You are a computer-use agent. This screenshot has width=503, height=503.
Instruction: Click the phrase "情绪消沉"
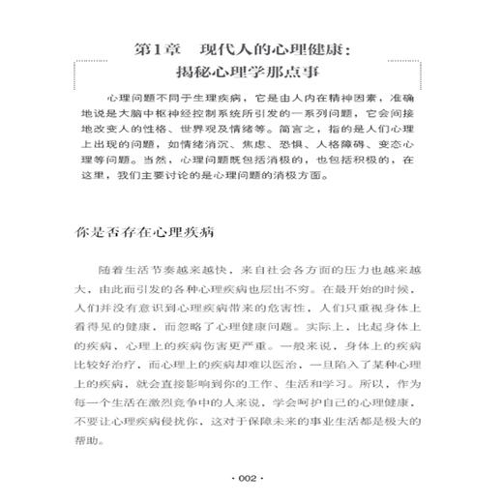(x=205, y=168)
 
